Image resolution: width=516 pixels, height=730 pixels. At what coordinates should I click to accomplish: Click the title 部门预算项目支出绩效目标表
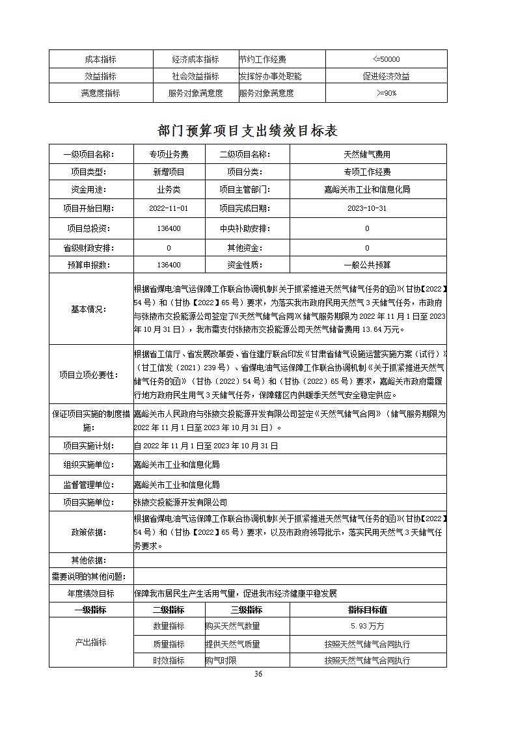tap(248, 131)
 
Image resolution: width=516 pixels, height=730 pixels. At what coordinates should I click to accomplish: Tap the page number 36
tap(258, 673)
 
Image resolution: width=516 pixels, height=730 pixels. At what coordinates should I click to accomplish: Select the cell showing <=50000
tap(386, 59)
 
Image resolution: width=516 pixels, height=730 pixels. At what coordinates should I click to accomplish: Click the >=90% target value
tap(386, 93)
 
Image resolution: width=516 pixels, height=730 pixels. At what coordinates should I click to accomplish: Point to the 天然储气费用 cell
tap(368, 154)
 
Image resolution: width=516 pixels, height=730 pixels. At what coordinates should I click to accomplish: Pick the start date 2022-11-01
tap(169, 209)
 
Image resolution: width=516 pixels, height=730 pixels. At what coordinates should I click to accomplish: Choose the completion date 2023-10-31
tap(368, 209)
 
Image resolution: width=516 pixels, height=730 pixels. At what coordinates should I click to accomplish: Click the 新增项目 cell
tap(169, 172)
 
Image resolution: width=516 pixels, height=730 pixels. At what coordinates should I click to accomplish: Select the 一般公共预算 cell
tap(368, 265)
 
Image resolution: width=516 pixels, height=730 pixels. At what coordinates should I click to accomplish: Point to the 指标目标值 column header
tap(368, 610)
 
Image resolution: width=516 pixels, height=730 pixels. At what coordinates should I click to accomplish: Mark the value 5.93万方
tap(368, 626)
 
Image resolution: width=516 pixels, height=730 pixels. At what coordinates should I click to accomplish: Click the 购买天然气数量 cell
tap(233, 626)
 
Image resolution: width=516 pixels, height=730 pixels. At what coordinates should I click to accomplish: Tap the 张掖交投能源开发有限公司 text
tap(180, 503)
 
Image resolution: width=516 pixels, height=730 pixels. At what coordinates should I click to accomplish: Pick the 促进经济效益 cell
tap(386, 76)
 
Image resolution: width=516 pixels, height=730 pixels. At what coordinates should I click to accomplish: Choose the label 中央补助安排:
tap(245, 228)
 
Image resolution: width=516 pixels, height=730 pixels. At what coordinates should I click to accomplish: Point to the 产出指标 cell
tap(90, 642)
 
